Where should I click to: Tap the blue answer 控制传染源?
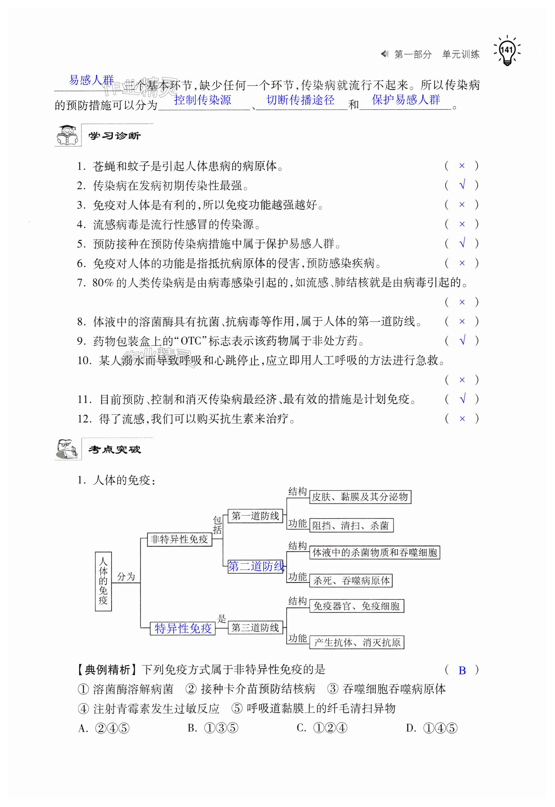click(202, 100)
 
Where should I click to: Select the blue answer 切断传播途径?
click(300, 100)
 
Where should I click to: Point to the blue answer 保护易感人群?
click(406, 100)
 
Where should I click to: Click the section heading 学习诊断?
click(114, 136)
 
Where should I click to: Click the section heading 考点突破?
click(114, 450)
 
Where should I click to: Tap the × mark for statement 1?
click(462, 166)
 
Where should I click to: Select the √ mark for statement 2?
click(462, 185)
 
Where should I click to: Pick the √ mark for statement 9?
click(462, 340)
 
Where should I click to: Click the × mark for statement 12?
click(462, 419)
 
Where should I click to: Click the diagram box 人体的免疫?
click(103, 581)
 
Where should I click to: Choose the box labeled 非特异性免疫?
click(179, 539)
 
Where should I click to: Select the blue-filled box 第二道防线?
click(256, 566)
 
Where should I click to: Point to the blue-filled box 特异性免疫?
click(183, 628)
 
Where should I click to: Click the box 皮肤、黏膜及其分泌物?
click(360, 497)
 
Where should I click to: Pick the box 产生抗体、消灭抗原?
click(357, 642)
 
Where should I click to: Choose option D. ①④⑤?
click(432, 728)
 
